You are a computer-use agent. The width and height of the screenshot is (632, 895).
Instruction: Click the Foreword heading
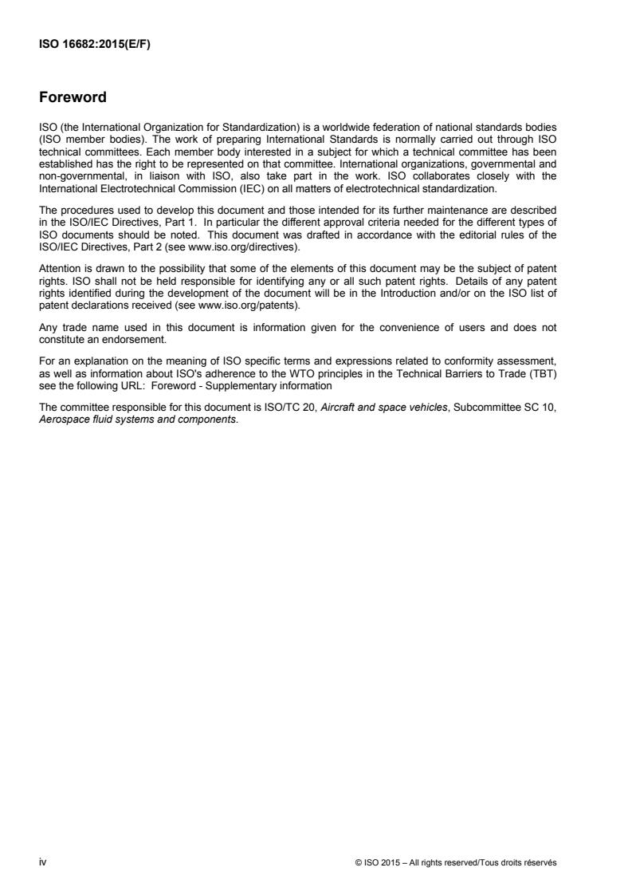click(73, 98)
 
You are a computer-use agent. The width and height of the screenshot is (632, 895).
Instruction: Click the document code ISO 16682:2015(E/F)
click(95, 45)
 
